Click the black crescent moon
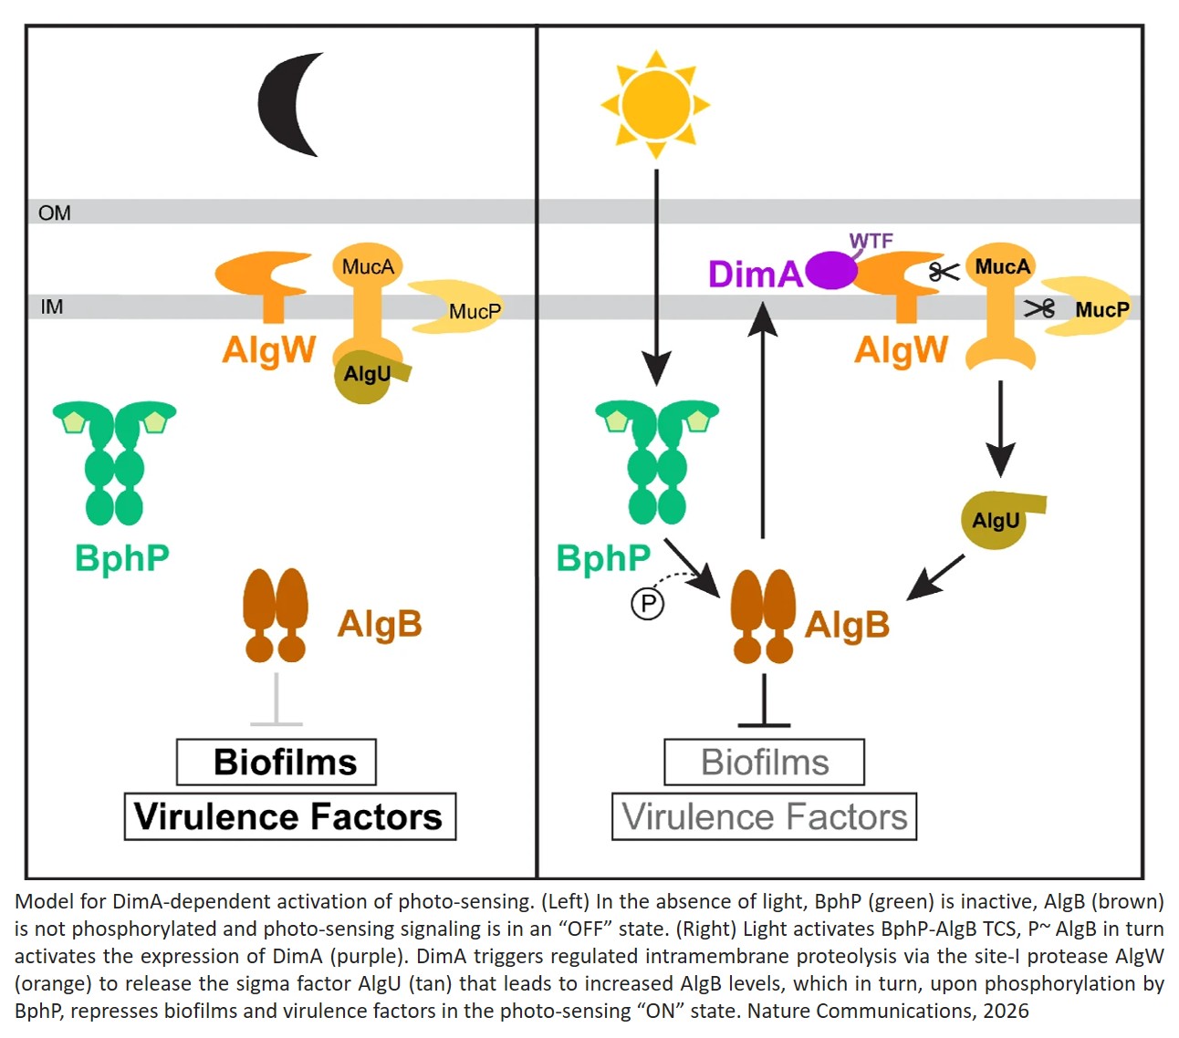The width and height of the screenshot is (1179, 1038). [x=285, y=104]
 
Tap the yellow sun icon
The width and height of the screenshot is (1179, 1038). [x=654, y=103]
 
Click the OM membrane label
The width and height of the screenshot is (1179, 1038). [x=55, y=213]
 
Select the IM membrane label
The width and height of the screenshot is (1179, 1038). [x=52, y=306]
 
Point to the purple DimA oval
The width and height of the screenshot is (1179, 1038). [x=831, y=271]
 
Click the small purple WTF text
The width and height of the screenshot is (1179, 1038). [x=871, y=241]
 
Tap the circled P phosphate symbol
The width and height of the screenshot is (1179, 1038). [x=647, y=603]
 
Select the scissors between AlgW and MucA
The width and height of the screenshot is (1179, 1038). [x=944, y=271]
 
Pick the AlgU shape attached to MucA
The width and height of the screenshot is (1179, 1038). [x=366, y=375]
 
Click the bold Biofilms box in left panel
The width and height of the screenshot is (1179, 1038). [x=276, y=762]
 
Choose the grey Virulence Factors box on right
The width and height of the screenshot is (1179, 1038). [x=764, y=816]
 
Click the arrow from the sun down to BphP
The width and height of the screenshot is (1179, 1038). [x=656, y=274]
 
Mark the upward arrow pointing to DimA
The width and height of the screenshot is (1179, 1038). [x=763, y=420]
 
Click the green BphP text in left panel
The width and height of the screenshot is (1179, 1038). [x=121, y=557]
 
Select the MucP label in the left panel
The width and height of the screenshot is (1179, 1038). [x=475, y=311]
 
